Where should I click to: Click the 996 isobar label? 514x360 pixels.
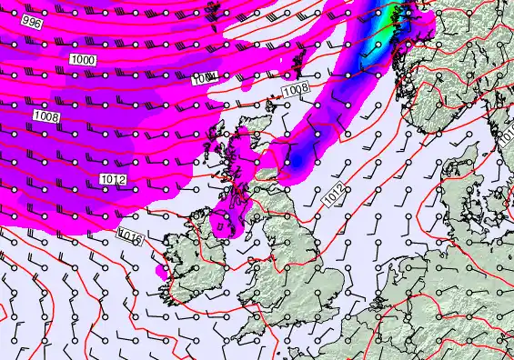(30, 22)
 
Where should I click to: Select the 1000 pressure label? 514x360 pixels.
(82, 58)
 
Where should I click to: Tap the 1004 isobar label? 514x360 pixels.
(204, 79)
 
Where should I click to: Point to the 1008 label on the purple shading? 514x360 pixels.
(45, 115)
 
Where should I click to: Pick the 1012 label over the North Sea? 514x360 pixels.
(334, 194)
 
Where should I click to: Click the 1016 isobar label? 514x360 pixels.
(130, 236)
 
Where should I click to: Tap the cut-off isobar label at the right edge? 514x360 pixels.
(509, 134)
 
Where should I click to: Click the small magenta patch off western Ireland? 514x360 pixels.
(162, 270)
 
